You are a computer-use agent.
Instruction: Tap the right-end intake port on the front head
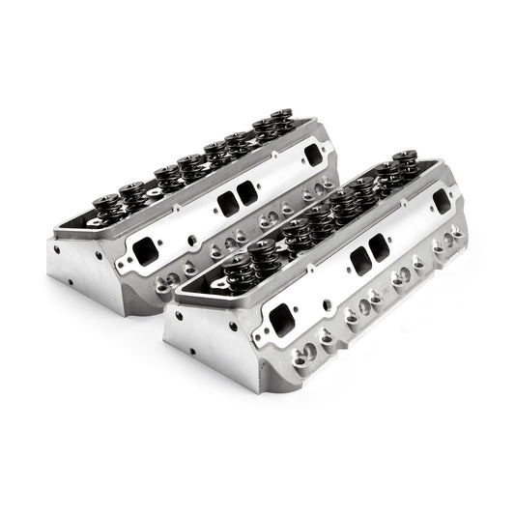tap(443, 199)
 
